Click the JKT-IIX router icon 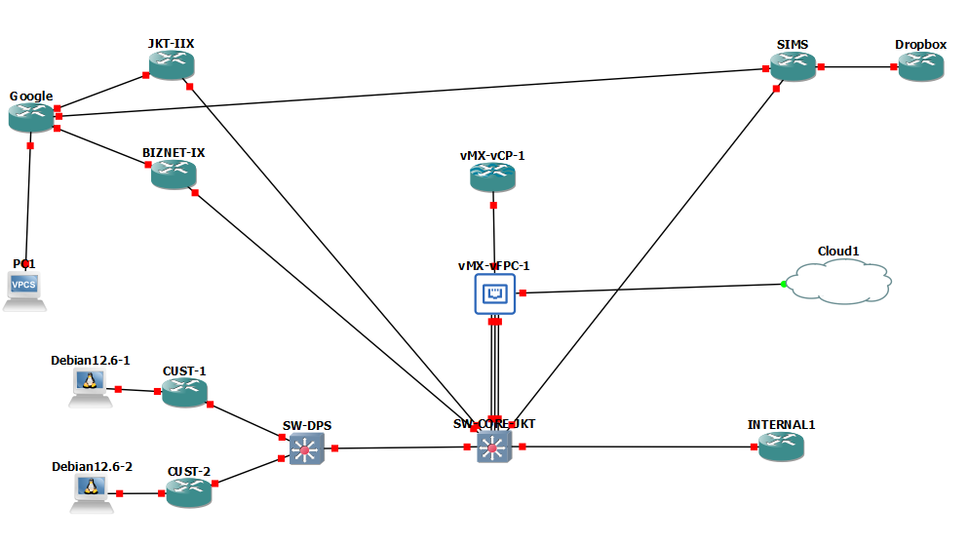tap(173, 65)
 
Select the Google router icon tap(31, 117)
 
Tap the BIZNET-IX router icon tap(174, 175)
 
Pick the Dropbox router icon tap(921, 66)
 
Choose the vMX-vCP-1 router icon tap(492, 177)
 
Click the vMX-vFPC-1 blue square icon tap(495, 293)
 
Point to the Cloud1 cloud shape tap(838, 283)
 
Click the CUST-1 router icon tap(184, 393)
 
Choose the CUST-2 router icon tap(188, 493)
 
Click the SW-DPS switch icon tap(306, 448)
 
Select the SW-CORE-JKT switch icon tap(494, 447)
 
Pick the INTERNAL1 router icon tap(781, 447)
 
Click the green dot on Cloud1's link tap(784, 285)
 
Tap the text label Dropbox tap(920, 45)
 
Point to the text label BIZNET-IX tap(174, 153)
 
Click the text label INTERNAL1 tap(781, 424)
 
